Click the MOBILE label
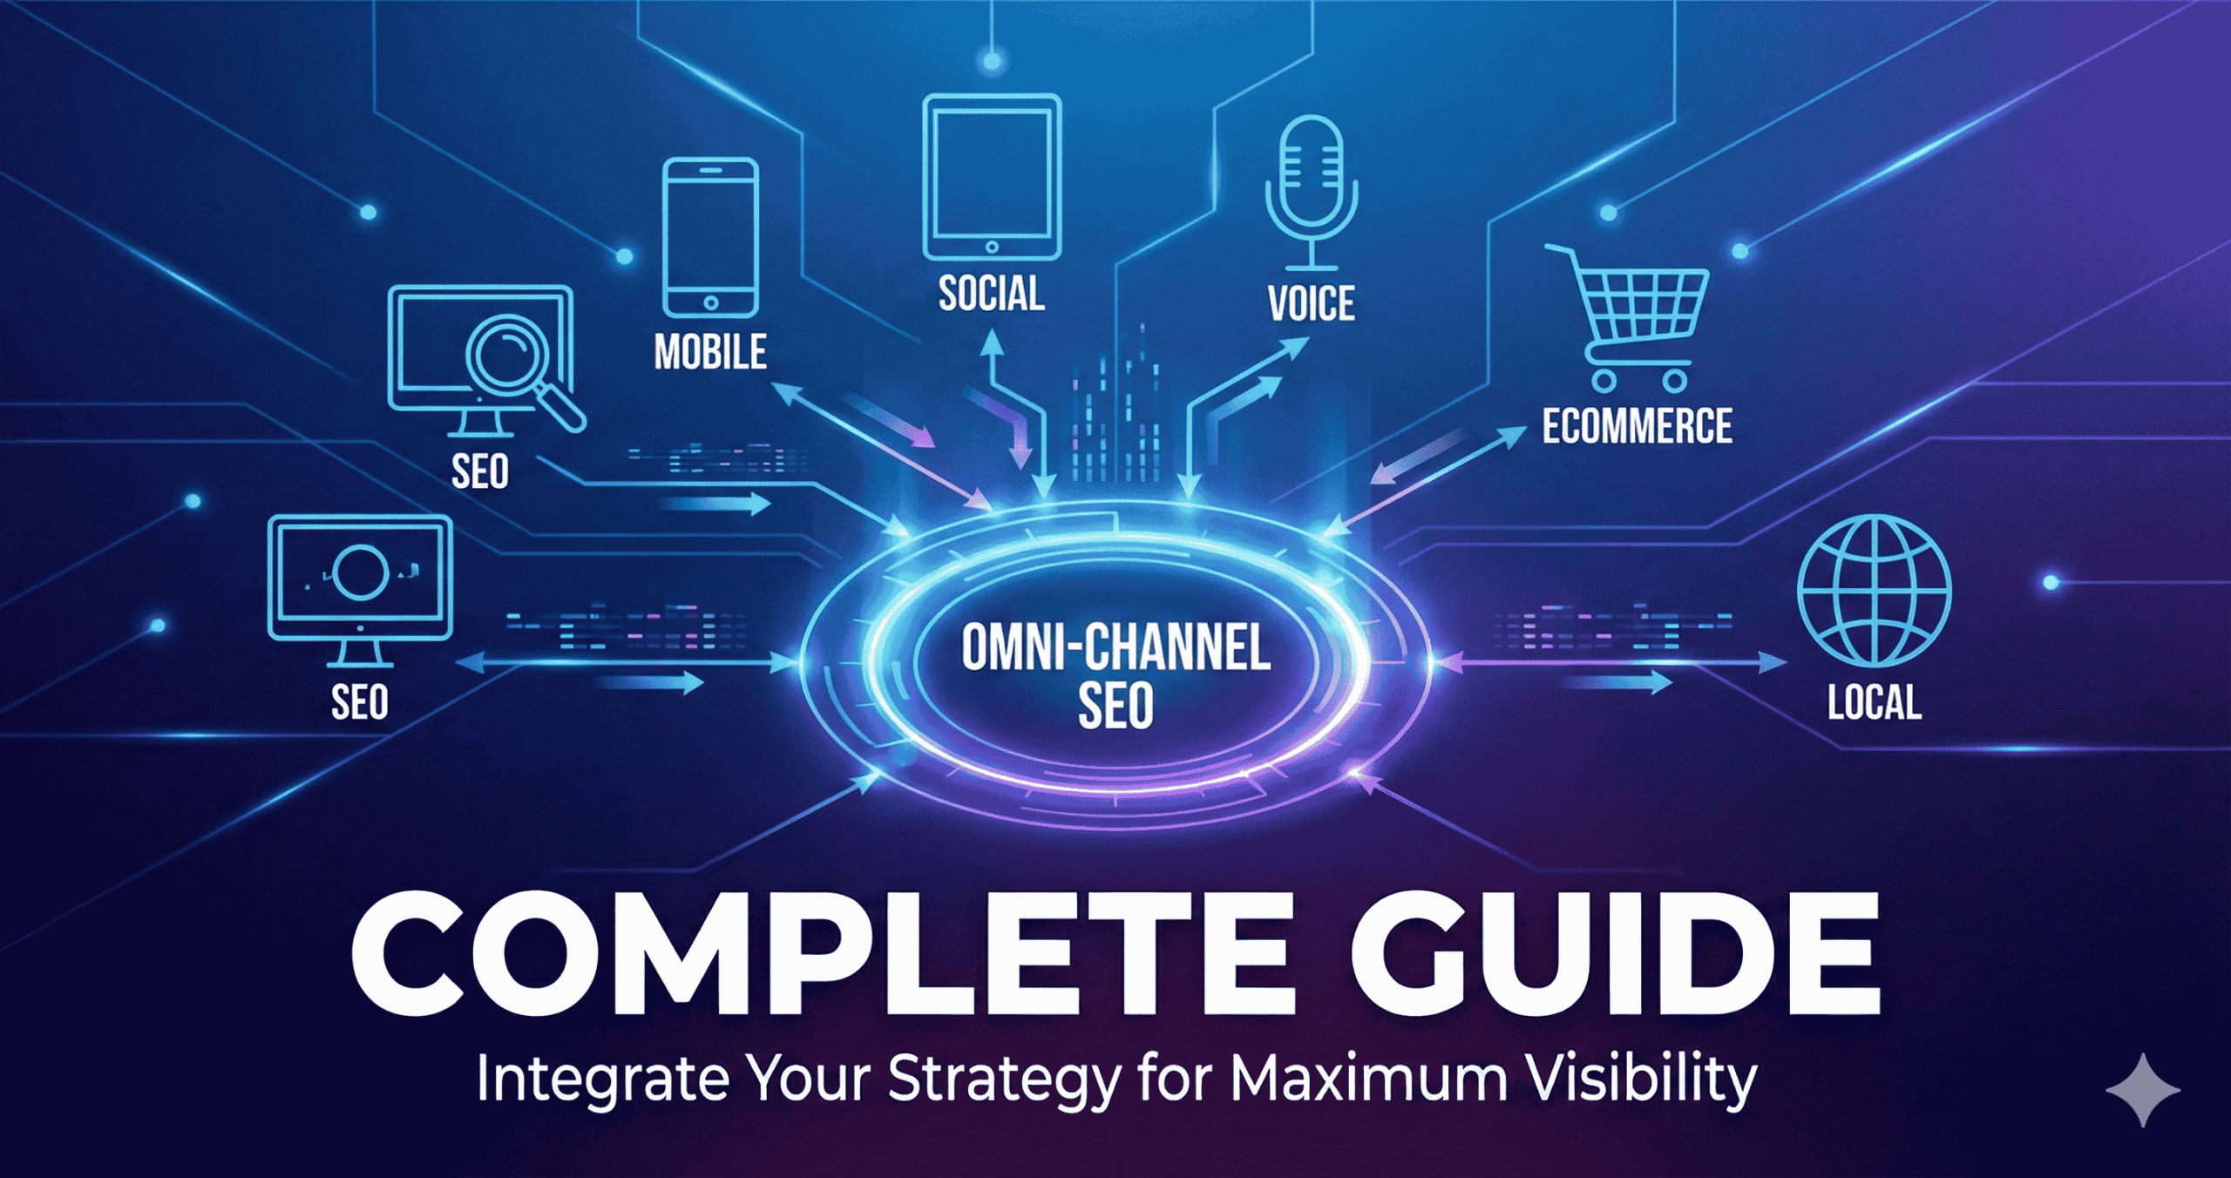[710, 352]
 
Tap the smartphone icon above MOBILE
[710, 237]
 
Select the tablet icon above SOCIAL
[992, 177]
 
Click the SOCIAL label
[992, 294]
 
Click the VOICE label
[1311, 304]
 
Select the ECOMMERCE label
[1637, 426]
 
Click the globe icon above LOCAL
[1874, 591]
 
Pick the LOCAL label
[1874, 702]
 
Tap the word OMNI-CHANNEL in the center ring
[1115, 648]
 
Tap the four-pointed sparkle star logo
[2142, 1089]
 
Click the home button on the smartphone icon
[710, 303]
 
